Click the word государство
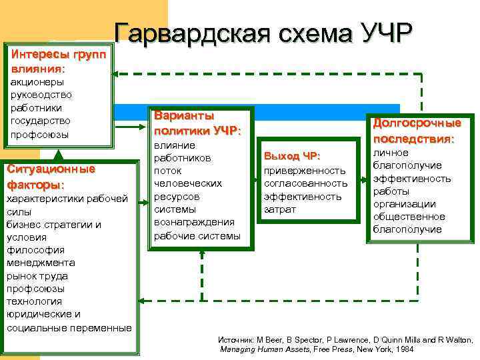coord(40,121)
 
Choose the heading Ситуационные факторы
coord(51,176)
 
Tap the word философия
coord(35,250)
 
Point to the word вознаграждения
coord(194,222)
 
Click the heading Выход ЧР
coord(293,156)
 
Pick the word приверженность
coord(305,170)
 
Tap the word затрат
coord(279,209)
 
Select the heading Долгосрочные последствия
coord(417,131)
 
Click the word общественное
coord(409,217)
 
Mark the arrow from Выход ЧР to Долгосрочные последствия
coord(360,178)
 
